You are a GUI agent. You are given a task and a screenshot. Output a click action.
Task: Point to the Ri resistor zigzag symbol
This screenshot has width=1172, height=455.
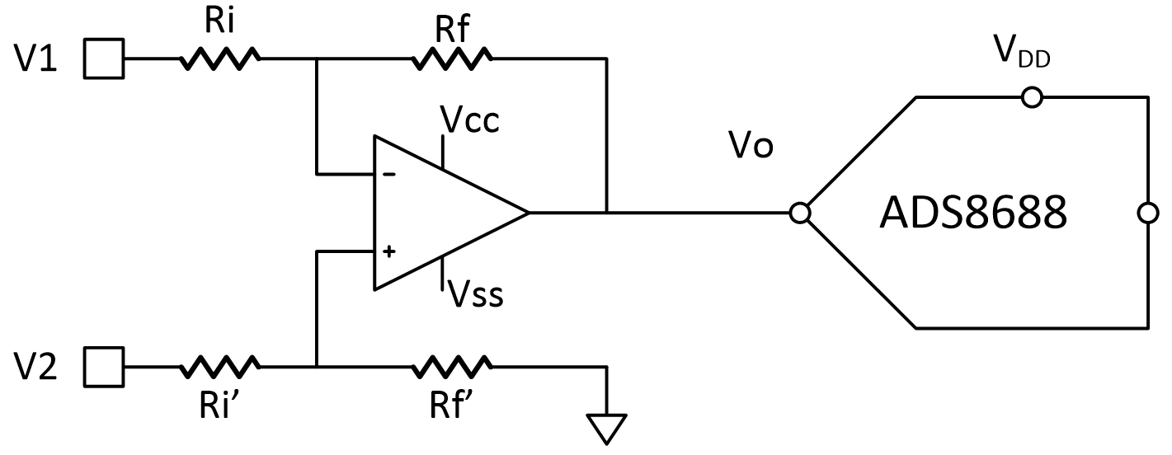click(220, 59)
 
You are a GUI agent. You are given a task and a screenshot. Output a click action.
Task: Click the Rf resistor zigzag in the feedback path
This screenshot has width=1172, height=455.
click(454, 59)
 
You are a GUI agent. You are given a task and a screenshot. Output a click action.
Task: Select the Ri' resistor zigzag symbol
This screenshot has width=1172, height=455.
click(220, 364)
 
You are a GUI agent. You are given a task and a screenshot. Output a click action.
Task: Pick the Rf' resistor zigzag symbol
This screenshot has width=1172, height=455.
click(454, 364)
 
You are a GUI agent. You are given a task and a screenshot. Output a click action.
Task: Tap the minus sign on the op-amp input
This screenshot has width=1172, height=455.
click(388, 175)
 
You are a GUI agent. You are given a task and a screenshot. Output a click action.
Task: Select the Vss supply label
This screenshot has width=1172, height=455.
click(475, 294)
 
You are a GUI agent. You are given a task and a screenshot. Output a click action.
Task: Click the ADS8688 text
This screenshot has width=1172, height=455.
click(972, 213)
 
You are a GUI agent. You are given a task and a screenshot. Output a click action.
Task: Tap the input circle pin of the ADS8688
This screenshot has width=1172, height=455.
click(799, 213)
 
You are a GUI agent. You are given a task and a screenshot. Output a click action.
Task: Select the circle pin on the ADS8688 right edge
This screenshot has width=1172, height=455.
click(1147, 213)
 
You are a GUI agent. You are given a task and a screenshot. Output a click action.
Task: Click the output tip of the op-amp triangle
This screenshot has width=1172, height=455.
click(528, 213)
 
